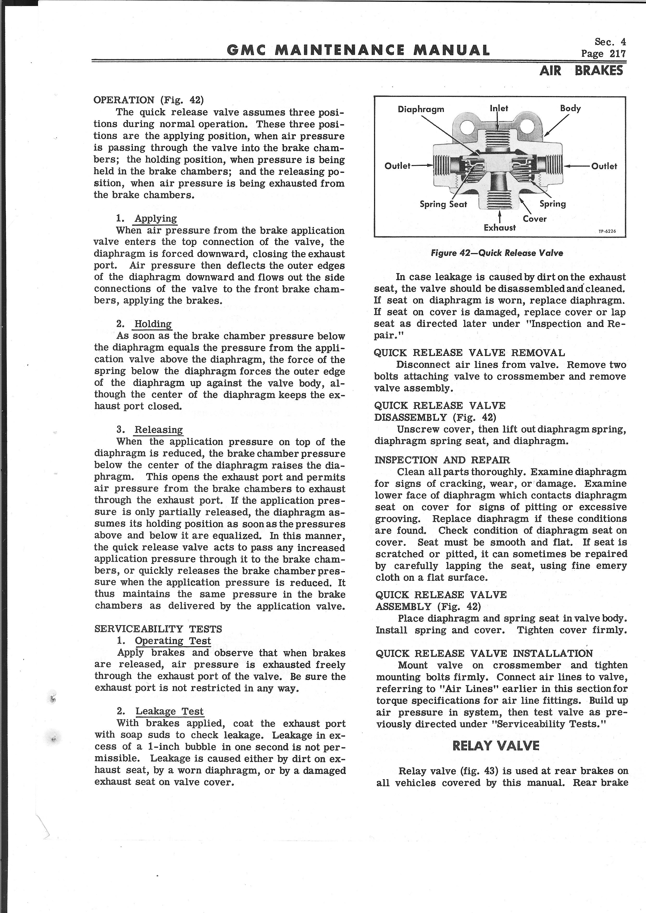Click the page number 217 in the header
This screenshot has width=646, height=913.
click(x=604, y=54)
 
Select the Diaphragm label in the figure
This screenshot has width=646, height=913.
click(x=421, y=109)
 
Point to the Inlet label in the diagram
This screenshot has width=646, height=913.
click(x=499, y=108)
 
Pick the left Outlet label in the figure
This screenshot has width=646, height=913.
click(x=397, y=166)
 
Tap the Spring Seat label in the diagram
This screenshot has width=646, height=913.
click(x=443, y=204)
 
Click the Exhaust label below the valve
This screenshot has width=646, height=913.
click(x=500, y=228)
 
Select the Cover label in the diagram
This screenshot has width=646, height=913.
click(x=535, y=219)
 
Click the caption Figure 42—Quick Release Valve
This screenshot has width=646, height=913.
click(x=497, y=253)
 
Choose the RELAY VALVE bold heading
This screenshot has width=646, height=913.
click(x=496, y=746)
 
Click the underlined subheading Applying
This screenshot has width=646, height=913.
click(x=156, y=218)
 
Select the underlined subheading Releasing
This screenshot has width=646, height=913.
click(x=158, y=430)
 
